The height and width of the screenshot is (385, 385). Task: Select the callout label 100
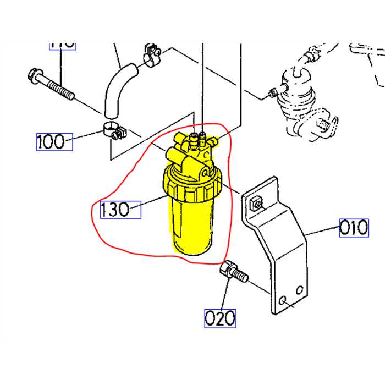click(x=54, y=142)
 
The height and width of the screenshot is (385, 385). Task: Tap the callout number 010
click(x=353, y=227)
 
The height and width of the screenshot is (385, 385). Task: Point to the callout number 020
click(x=220, y=318)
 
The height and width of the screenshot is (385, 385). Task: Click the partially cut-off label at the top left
click(x=62, y=44)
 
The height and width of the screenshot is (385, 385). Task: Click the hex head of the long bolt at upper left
click(x=32, y=75)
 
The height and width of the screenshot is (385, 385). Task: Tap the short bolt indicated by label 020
click(x=233, y=273)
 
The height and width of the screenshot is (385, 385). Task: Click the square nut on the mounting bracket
click(x=255, y=205)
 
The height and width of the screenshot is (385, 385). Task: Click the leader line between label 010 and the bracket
click(x=322, y=231)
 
